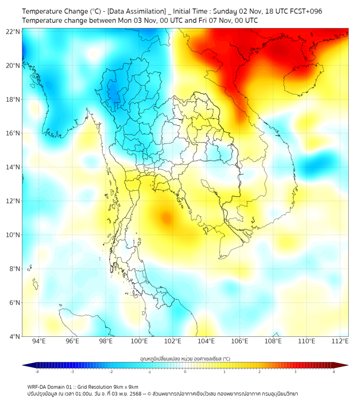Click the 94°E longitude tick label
click(39, 341)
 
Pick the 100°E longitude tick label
click(139, 341)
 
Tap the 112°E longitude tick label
click(340, 341)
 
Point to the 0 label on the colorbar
click(185, 372)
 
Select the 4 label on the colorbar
click(334, 372)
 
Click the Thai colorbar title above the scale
click(185, 359)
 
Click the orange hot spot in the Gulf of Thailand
click(166, 217)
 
